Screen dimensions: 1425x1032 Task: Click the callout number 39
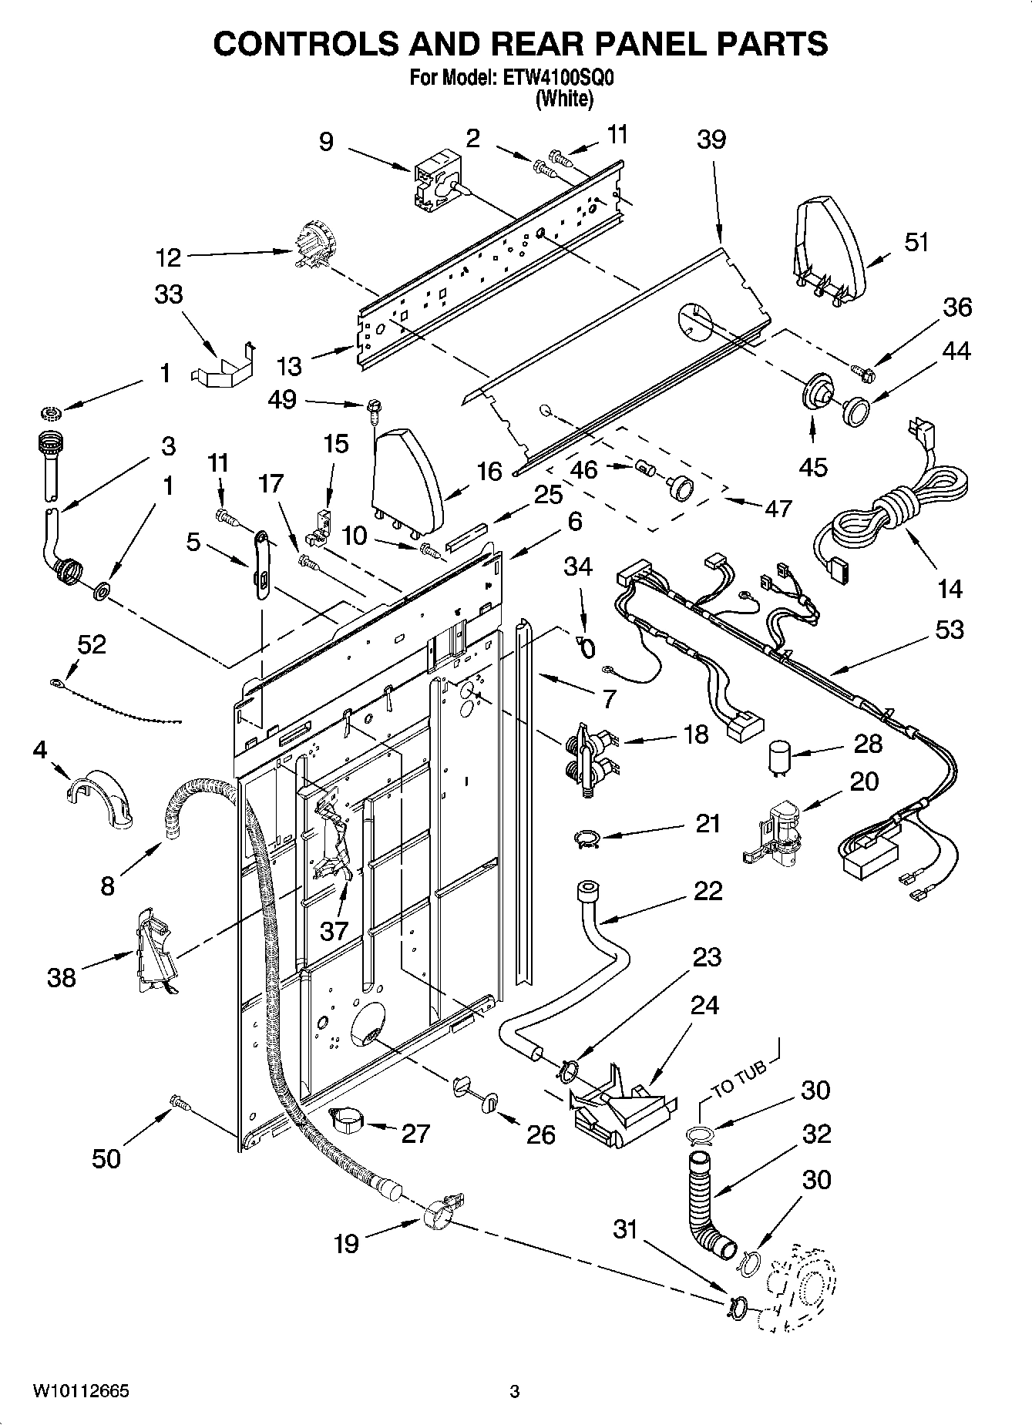click(x=711, y=139)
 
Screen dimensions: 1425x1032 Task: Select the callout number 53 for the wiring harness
click(x=949, y=630)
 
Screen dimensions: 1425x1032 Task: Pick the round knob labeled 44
click(x=856, y=408)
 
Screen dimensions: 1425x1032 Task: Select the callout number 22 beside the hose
click(x=707, y=890)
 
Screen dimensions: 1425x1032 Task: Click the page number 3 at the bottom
click(x=514, y=1391)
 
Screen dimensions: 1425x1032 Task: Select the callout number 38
click(x=62, y=977)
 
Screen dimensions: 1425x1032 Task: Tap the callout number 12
click(x=168, y=257)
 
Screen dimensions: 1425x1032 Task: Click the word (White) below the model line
click(x=564, y=98)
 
